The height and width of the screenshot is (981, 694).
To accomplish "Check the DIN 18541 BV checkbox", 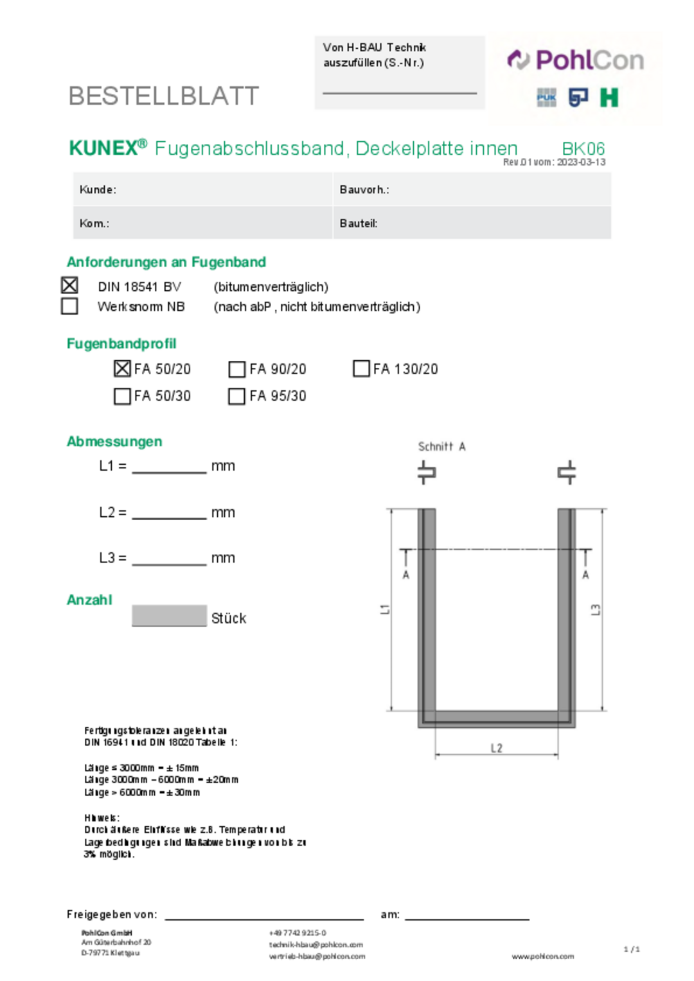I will (69, 285).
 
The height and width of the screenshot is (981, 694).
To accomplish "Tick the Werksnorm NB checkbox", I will (69, 306).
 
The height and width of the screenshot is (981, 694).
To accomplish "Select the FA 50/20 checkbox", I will (122, 369).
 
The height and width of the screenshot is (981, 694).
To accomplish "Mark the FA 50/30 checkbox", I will (122, 396).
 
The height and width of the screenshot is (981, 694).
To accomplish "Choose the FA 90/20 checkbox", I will (236, 369).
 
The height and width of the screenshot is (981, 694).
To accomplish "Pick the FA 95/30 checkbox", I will (236, 396).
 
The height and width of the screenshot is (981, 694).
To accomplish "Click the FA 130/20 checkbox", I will (361, 369).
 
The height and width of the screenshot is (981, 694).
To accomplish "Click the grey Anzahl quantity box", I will (169, 616).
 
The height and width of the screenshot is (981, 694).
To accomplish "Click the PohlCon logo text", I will (589, 60).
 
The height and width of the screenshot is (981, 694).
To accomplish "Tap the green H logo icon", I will (609, 98).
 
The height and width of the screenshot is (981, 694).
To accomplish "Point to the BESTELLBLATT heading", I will (164, 96).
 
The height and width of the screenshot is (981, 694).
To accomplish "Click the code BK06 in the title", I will (583, 148).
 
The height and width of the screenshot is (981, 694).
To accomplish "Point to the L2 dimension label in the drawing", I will (496, 748).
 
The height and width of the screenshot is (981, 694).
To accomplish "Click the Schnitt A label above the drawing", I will (441, 446).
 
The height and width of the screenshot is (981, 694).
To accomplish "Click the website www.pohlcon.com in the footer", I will (542, 957).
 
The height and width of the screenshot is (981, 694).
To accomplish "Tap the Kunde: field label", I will (98, 189).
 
